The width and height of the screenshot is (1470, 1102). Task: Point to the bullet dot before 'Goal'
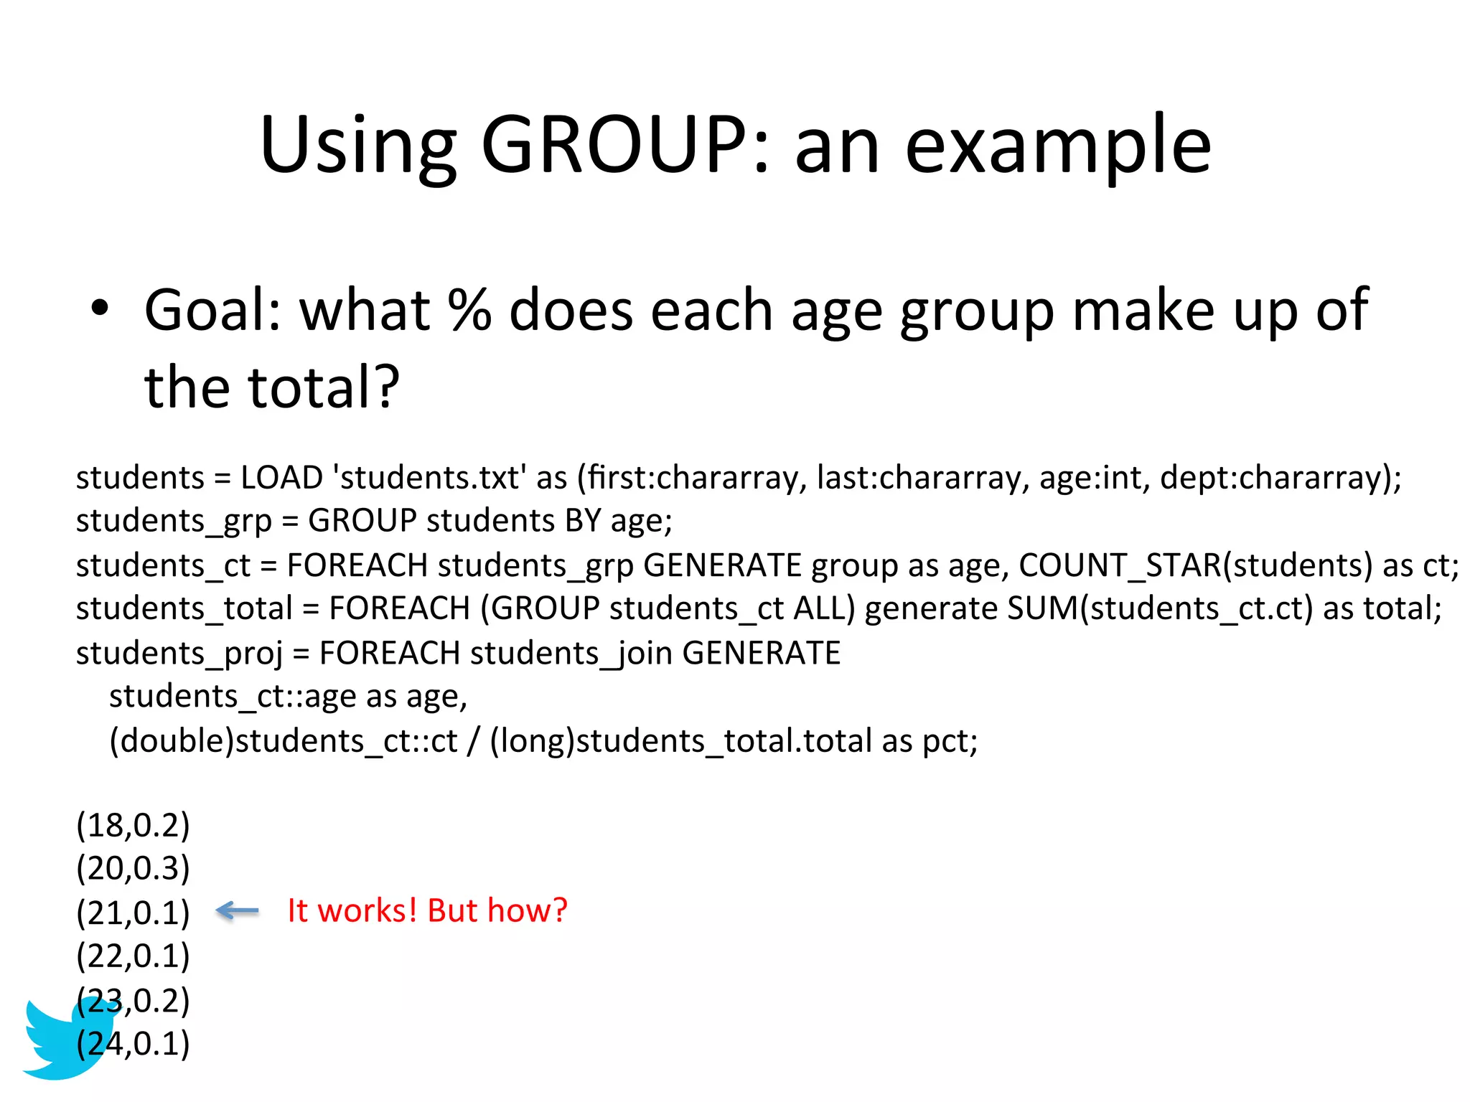pyautogui.click(x=100, y=309)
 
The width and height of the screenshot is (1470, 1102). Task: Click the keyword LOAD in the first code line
pyautogui.click(x=281, y=478)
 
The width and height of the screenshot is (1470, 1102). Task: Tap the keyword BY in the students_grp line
pyautogui.click(x=582, y=521)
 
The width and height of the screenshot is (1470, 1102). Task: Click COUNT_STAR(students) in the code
pyautogui.click(x=1195, y=565)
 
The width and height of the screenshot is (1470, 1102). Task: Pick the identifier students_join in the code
pyautogui.click(x=571, y=654)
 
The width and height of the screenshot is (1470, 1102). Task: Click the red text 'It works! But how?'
pyautogui.click(x=427, y=910)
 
